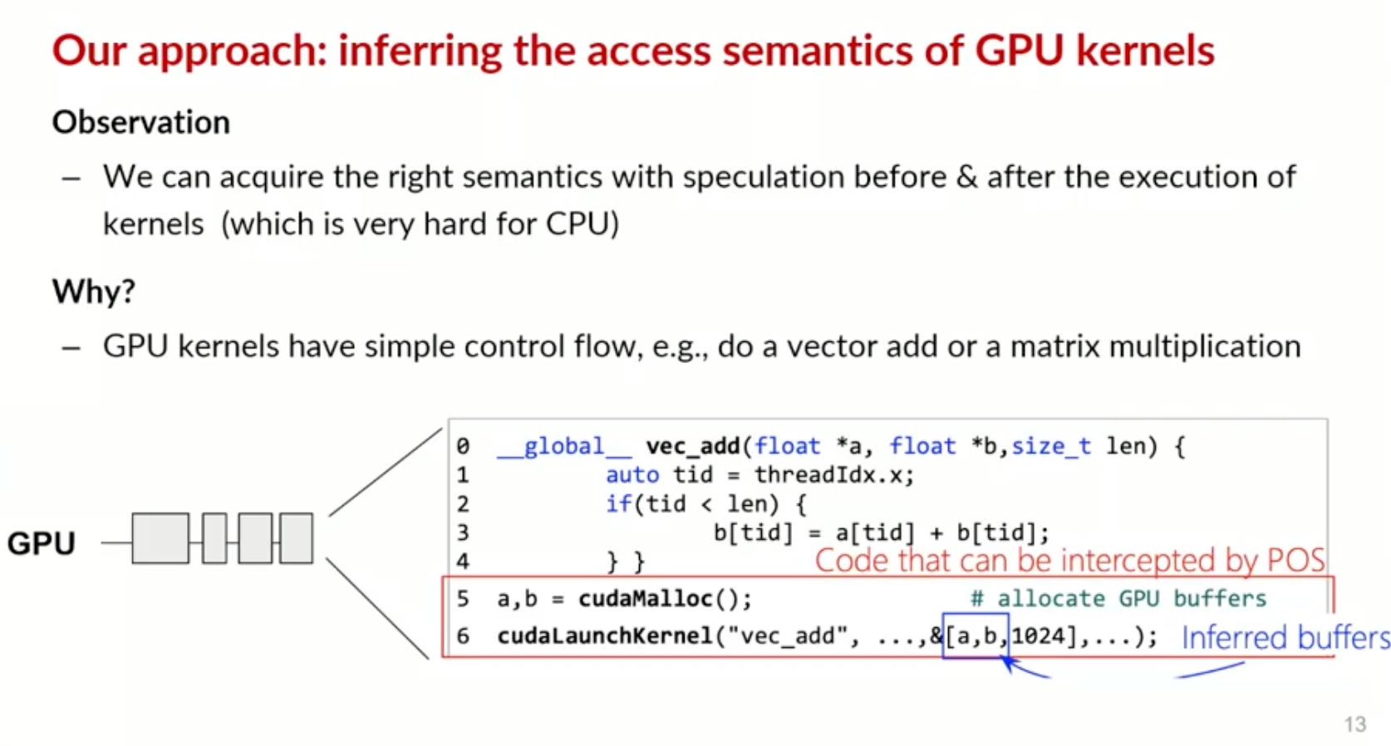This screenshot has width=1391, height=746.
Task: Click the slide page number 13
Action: pos(1355,724)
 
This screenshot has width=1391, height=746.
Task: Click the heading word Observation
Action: pos(141,121)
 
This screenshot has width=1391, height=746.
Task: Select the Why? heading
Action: pos(94,291)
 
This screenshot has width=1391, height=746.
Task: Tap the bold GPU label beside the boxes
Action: pos(42,543)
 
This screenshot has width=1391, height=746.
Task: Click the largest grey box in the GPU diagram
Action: pos(160,538)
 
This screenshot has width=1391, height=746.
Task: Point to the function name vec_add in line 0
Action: pos(693,446)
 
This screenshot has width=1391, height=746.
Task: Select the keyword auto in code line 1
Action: pos(632,475)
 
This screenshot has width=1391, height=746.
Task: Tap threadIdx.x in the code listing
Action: pos(834,475)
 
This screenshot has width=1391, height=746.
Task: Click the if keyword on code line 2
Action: pos(618,503)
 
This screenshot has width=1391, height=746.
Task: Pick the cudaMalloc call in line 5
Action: pos(646,599)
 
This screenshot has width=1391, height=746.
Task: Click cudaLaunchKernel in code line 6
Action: pos(605,636)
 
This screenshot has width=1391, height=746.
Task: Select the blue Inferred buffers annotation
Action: pos(1285,637)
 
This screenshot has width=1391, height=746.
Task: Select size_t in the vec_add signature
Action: pos(1050,446)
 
